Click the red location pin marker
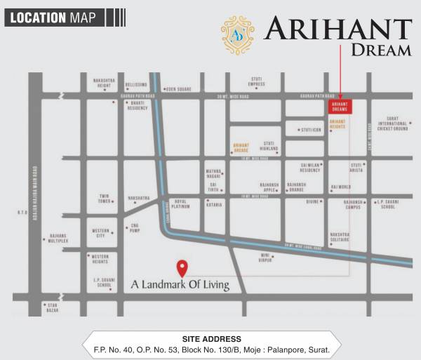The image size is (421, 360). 182,268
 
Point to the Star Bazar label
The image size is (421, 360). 51,307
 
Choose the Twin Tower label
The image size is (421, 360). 104,199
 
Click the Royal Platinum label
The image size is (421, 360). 182,204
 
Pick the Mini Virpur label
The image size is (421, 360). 265,257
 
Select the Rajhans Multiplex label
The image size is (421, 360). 58,238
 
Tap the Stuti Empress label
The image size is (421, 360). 256,81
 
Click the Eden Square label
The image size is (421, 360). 178,89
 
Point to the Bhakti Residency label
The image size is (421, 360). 138,106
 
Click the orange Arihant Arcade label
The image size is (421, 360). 241,147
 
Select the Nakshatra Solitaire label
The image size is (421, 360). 340,236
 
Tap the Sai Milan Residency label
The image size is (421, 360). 310,167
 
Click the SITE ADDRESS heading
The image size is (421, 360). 211,339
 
